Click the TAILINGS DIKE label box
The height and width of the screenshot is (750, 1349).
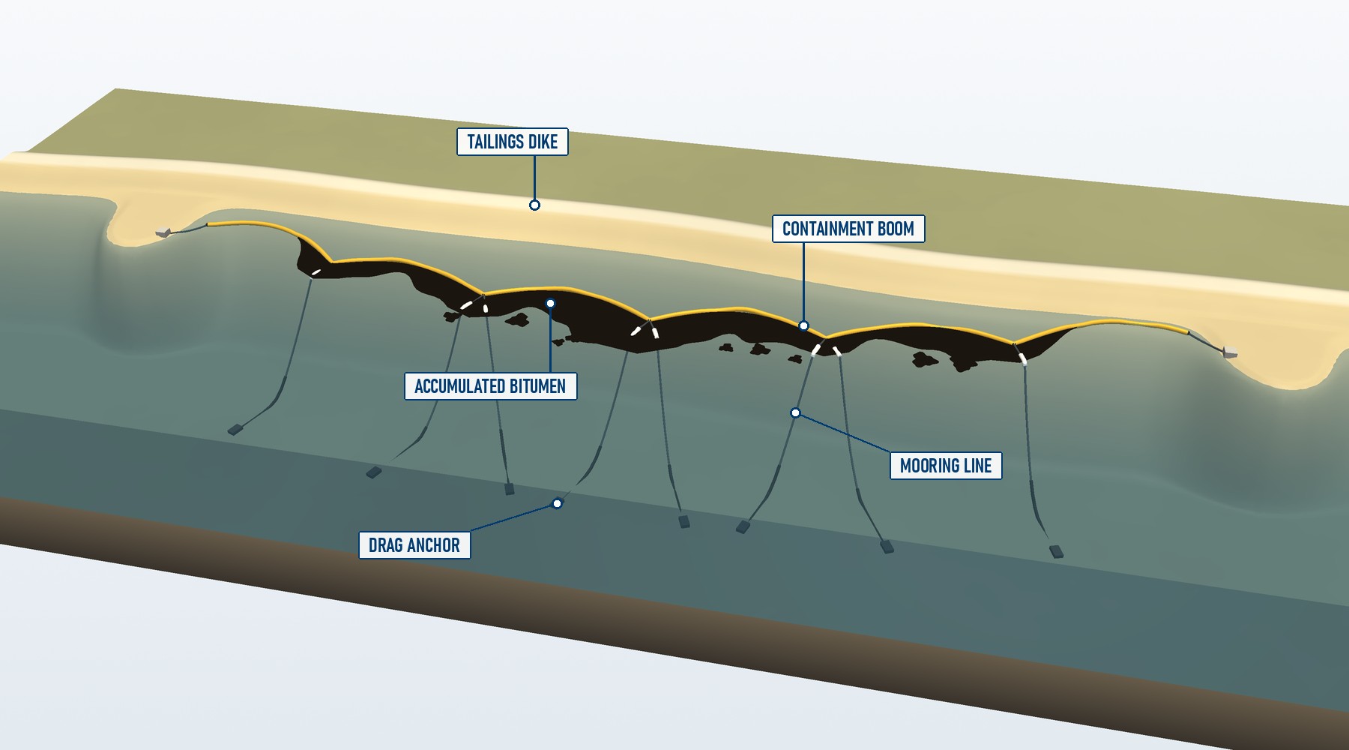point(513,142)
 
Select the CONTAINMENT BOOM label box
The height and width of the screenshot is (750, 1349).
point(848,229)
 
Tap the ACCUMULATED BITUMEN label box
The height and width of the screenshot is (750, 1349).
point(490,386)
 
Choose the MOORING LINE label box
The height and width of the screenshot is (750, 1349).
point(946,466)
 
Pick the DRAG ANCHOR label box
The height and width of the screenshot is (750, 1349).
point(414,545)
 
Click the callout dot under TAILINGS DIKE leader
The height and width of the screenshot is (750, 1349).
point(534,205)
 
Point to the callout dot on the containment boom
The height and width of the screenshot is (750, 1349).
point(803,325)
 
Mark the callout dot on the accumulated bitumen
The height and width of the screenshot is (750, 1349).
point(550,303)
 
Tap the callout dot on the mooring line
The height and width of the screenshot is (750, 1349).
point(795,412)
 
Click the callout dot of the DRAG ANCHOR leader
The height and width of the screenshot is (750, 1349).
point(557,503)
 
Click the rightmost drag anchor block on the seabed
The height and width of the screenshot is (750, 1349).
point(1057,552)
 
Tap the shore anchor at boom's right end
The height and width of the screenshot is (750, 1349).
point(1229,352)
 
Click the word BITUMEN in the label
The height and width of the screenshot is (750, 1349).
point(537,386)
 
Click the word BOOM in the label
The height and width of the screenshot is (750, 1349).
point(896,229)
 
